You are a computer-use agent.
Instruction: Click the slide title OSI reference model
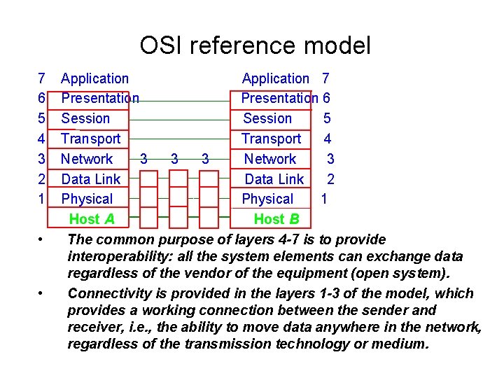[255, 46]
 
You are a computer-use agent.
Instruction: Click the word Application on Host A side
[94, 79]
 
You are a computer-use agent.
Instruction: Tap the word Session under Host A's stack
[85, 119]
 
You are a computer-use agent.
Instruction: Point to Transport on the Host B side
[271, 139]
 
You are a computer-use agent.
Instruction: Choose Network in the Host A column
[87, 159]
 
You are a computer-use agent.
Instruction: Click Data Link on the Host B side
[274, 179]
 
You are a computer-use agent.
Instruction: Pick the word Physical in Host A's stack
[87, 199]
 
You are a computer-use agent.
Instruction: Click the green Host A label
[92, 219]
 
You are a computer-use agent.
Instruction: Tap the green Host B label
[276, 219]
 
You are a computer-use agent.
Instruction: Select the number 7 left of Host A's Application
[42, 79]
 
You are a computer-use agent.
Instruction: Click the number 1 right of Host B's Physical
[324, 199]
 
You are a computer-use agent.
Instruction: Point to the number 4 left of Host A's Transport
[42, 139]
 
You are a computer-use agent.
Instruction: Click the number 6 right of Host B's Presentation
[326, 99]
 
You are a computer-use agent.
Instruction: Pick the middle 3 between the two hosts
[174, 159]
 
